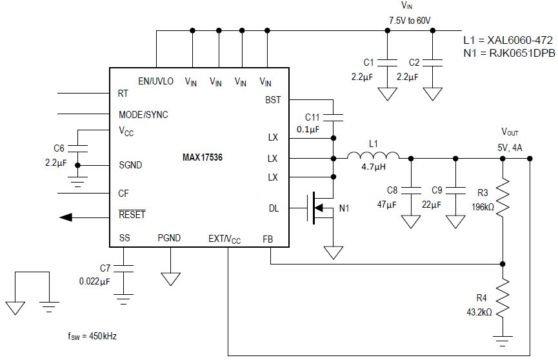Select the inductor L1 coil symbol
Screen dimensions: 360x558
pos(373,155)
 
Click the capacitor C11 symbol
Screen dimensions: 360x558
pos(333,117)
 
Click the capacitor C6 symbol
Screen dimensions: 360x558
pos(77,148)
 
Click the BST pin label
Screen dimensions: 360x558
pos(273,100)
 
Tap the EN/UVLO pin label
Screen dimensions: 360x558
pos(155,81)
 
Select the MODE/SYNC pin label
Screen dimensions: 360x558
pos(143,115)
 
